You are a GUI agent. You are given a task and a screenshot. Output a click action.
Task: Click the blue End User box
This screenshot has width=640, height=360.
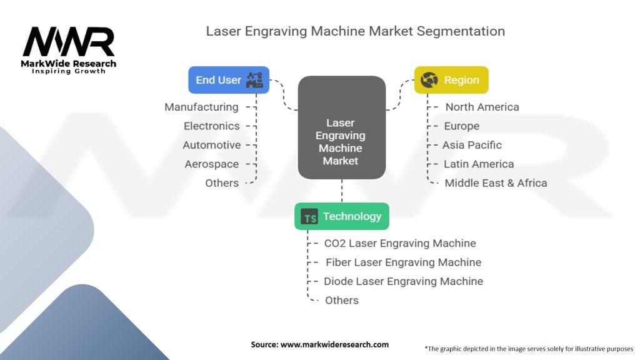[229, 80]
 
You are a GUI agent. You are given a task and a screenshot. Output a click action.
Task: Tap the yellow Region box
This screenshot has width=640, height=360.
[451, 80]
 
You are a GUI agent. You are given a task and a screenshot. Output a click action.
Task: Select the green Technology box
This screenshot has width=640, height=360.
[342, 216]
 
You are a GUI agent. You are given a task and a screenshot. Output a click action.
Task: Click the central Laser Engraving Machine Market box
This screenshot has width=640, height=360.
[342, 127]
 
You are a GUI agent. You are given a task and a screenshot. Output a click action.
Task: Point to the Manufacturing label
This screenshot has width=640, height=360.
[202, 107]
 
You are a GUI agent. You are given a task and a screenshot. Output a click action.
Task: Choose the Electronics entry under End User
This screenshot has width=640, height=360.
[211, 126]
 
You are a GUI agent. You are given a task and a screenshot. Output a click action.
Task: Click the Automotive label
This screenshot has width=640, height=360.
[211, 145]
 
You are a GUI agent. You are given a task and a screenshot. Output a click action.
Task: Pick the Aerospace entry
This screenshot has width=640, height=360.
[211, 164]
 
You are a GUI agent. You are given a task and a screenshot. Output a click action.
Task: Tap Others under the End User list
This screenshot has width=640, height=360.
[222, 183]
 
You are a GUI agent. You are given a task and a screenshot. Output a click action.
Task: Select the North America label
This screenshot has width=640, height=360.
[482, 107]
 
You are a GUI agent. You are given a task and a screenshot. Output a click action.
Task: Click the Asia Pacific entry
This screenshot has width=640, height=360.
[472, 145]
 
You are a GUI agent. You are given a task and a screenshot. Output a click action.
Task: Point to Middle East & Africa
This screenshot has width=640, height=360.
[496, 183]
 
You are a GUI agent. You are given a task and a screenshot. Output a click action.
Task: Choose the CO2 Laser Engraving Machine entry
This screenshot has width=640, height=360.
[400, 243]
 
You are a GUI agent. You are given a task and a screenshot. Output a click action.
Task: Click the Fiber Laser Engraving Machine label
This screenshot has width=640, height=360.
[403, 262]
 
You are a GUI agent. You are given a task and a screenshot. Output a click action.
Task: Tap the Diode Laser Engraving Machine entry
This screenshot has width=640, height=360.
[403, 281]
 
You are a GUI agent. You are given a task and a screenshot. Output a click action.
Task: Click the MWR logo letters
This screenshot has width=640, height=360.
[69, 41]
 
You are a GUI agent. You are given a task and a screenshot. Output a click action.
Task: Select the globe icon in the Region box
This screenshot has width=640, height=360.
[429, 80]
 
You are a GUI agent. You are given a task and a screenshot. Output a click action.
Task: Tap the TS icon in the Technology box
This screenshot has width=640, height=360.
[309, 217]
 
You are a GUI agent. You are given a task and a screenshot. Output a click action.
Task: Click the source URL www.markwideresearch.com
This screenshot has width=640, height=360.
[334, 344]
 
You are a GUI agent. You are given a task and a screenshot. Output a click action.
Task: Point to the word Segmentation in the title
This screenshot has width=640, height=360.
[461, 31]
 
